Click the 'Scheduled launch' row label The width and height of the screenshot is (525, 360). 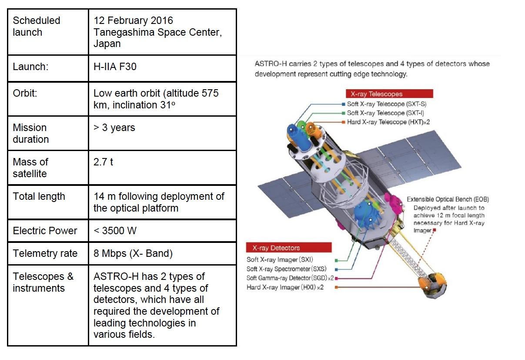click(37, 26)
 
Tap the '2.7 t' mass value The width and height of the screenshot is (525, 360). click(104, 162)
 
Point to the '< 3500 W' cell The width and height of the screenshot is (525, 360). click(115, 231)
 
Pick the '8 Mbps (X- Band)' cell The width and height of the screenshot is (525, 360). click(133, 253)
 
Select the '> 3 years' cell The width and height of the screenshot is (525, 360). click(114, 128)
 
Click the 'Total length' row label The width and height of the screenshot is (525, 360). click(39, 196)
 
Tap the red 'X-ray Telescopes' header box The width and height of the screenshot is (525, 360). click(389, 94)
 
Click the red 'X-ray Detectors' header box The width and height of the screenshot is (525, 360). click(289, 248)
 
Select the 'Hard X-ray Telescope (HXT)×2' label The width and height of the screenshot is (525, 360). click(388, 122)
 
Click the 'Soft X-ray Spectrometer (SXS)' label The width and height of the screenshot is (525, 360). click(286, 269)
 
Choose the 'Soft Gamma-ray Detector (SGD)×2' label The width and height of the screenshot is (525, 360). click(290, 278)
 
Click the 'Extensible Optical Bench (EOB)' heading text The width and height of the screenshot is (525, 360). click(448, 199)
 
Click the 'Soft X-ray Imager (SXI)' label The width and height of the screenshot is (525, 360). click(280, 260)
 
